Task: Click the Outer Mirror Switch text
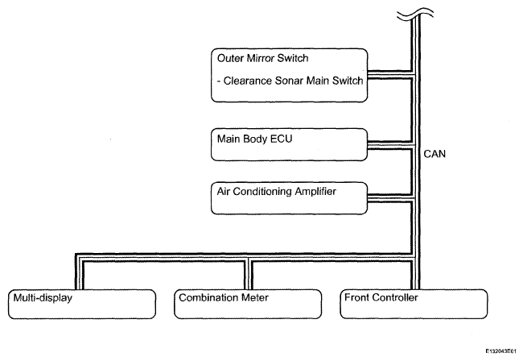[262, 58]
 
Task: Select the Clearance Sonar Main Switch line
[290, 81]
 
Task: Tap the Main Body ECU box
[289, 144]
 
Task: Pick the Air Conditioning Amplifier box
[289, 198]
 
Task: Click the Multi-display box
[82, 304]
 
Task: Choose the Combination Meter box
[248, 304]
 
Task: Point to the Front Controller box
[414, 304]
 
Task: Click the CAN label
[434, 154]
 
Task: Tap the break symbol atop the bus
[415, 14]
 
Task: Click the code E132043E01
[501, 351]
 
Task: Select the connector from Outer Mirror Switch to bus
[390, 75]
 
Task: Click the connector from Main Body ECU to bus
[390, 145]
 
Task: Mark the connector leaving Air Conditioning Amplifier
[390, 197]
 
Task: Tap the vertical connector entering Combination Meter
[249, 275]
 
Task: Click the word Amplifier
[315, 192]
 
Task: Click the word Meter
[255, 297]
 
